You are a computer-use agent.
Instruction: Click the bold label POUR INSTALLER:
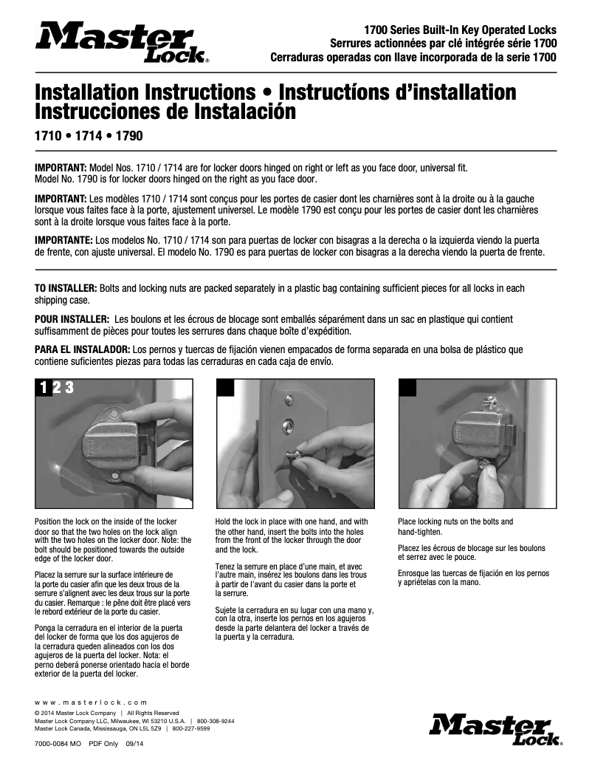point(72,318)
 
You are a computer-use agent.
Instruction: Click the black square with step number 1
point(44,388)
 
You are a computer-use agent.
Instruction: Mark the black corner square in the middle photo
point(224,388)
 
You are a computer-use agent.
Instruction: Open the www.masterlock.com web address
point(91,702)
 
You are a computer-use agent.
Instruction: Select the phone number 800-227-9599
point(190,728)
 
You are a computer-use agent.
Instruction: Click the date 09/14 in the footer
point(134,745)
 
